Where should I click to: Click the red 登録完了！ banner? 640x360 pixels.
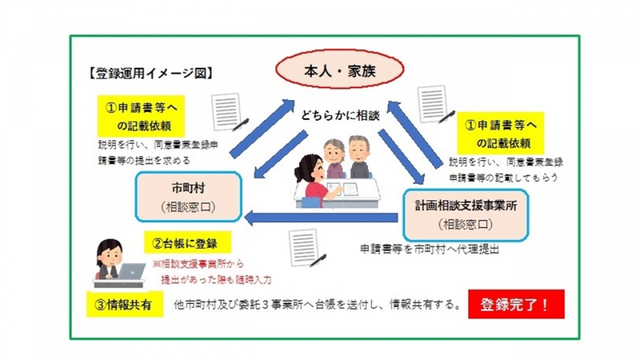point(516,304)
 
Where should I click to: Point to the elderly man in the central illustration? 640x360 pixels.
point(361,157)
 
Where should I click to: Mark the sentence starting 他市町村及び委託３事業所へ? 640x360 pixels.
point(316,305)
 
